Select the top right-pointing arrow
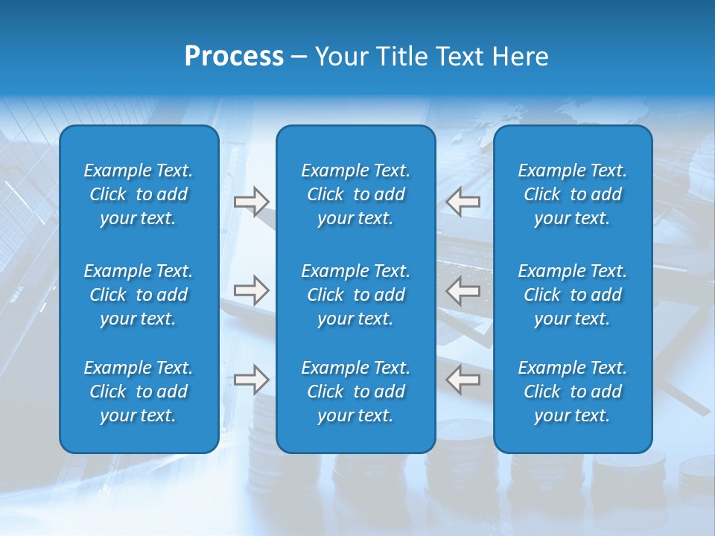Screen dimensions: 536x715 (251, 201)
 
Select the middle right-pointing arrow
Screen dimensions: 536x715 (251, 290)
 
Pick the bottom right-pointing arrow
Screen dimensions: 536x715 (251, 380)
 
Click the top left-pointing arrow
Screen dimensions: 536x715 (463, 201)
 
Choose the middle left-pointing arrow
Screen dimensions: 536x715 (463, 290)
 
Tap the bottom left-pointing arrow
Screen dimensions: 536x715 (463, 380)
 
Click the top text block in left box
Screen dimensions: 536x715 (139, 194)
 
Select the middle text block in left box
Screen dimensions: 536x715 (139, 295)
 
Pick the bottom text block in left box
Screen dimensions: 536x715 (139, 392)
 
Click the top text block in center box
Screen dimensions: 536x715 (355, 194)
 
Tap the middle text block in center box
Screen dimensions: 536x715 (355, 295)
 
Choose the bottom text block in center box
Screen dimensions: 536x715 (355, 392)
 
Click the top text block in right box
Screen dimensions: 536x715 (572, 194)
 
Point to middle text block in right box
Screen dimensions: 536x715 (572, 295)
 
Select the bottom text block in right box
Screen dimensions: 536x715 (572, 392)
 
